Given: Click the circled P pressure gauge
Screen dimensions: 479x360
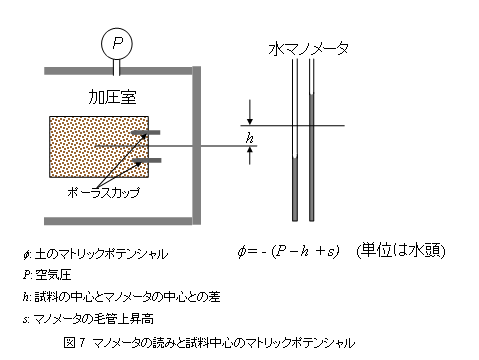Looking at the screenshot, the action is [x=117, y=43].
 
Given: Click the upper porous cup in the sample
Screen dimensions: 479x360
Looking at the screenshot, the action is [x=156, y=134].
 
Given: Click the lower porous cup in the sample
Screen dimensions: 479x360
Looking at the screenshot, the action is [x=156, y=160].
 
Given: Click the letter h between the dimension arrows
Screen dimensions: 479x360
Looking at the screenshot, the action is [x=250, y=136].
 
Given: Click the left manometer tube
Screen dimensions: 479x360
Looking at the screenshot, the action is [x=295, y=140].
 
